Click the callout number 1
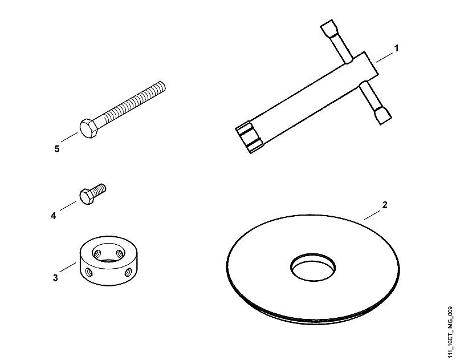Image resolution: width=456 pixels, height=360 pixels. pos(396,48)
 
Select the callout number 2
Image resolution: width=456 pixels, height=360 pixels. pos(385,205)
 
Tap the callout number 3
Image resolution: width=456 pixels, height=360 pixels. pos(55,278)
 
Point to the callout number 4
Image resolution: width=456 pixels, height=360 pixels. pos(53,216)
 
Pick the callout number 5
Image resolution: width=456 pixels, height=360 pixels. pos(56,149)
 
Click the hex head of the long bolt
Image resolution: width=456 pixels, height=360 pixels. pos(88,128)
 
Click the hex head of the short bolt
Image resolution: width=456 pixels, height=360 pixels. pos(87,196)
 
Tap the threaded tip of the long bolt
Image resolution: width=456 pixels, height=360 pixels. pos(162,86)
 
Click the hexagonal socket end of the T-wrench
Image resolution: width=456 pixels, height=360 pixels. pos(249,137)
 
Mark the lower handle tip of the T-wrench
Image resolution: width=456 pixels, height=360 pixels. pos(383,116)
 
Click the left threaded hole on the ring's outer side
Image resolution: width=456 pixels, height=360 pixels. pos(89,272)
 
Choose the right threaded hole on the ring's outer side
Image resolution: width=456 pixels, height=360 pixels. pos(128,272)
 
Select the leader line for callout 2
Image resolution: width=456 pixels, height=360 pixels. pos(372,215)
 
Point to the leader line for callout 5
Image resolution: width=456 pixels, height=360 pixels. pos(69,137)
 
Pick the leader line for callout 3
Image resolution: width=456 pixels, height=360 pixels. pos(67,267)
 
